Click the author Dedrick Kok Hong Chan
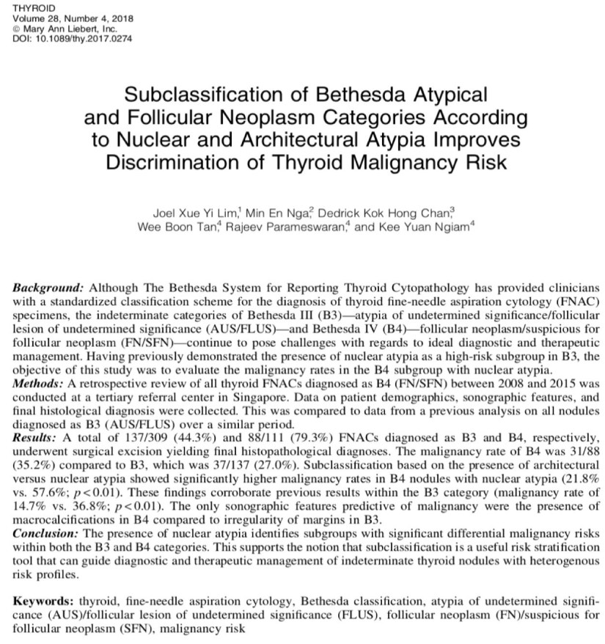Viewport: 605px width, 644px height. pyautogui.click(x=399, y=214)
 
